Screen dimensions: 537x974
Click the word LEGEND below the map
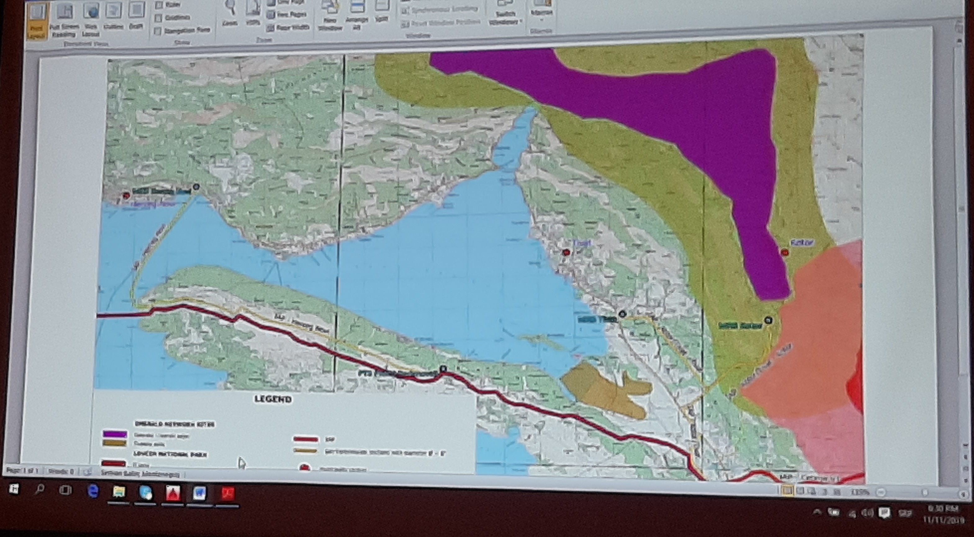tap(273, 399)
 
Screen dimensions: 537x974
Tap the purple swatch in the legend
tap(115, 434)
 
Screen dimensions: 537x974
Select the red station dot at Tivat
tap(566, 253)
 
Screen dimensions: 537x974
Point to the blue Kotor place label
tap(802, 243)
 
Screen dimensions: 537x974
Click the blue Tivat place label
tap(582, 243)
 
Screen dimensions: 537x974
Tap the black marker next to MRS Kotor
tap(768, 320)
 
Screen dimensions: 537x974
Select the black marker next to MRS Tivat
tap(622, 314)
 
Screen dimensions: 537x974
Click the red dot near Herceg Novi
tap(126, 195)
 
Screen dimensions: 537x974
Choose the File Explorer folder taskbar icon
tap(119, 492)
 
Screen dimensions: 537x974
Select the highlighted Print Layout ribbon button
tap(37, 21)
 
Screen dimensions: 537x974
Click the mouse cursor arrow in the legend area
tap(241, 463)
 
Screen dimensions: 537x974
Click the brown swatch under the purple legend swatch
tap(114, 443)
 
